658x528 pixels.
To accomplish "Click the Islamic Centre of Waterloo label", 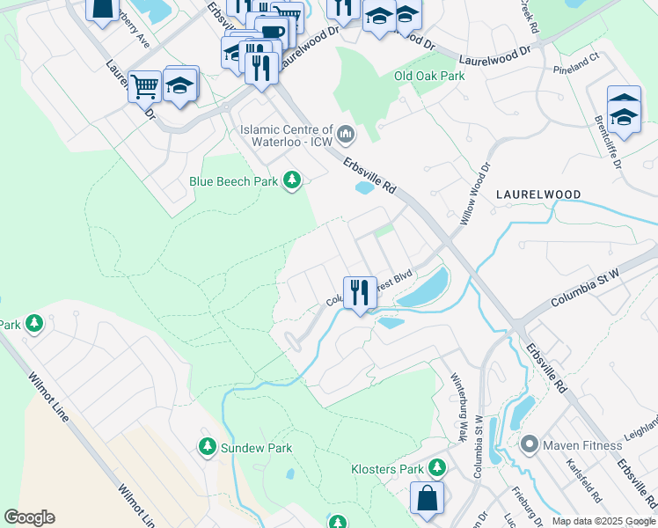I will [x=287, y=135].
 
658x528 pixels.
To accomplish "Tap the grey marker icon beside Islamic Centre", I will [x=345, y=135].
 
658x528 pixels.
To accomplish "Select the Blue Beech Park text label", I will [x=234, y=181].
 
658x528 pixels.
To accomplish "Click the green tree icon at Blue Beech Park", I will [x=292, y=181].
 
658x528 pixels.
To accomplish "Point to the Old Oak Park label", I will [x=428, y=76].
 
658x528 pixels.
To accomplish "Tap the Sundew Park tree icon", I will [x=207, y=447].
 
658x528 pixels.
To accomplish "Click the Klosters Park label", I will [x=387, y=469].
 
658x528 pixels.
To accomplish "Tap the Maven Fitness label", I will [x=581, y=444].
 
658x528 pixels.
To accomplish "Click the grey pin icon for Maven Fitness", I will [x=529, y=444].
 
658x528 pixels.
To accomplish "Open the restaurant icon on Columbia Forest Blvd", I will [x=359, y=293].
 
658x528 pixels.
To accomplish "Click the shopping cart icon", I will [x=144, y=87].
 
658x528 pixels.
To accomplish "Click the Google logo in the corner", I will [x=29, y=517].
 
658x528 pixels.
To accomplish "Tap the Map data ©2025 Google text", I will [x=603, y=521].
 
